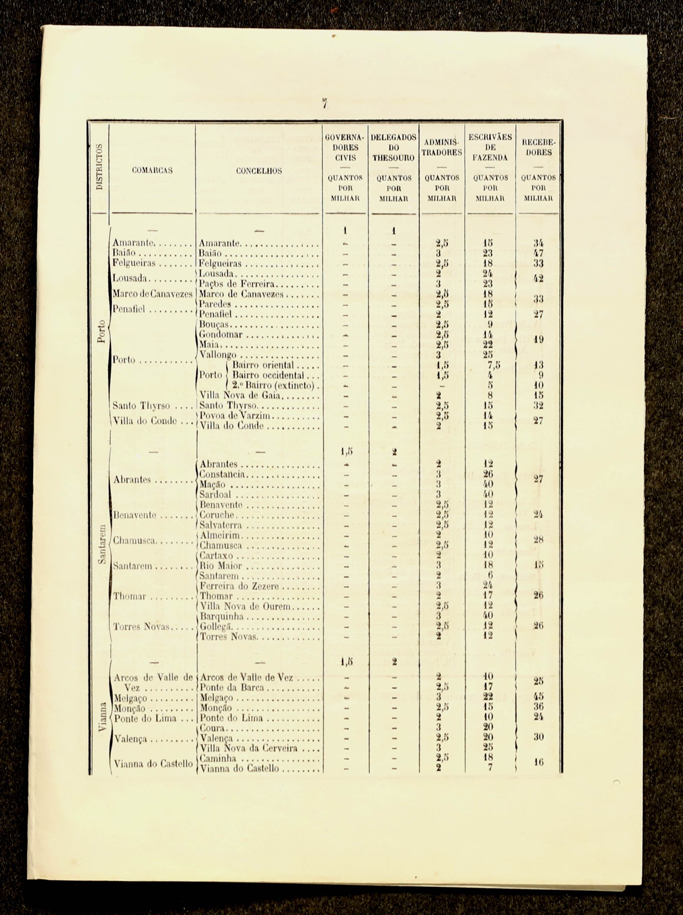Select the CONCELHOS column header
(259, 171)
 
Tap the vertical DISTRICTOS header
(99, 166)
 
